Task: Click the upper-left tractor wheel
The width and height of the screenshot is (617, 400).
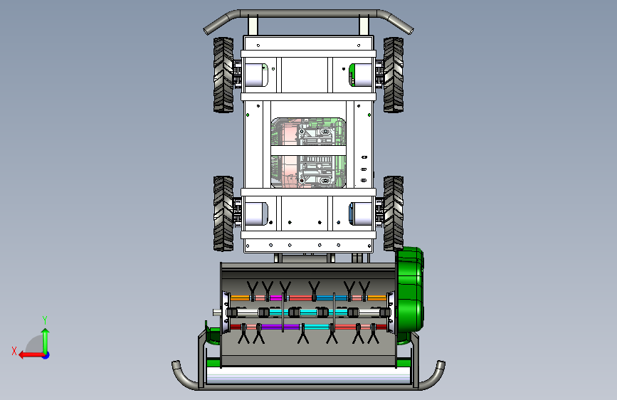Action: pos(223,75)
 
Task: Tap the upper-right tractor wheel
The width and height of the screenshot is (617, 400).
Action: pos(393,75)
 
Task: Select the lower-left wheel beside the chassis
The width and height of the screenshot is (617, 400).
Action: pos(223,214)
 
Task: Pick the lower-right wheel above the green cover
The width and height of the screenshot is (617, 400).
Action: pos(393,214)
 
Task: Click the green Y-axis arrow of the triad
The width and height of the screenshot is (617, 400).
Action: pos(46,341)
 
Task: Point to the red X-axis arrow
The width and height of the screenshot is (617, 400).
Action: pos(31,355)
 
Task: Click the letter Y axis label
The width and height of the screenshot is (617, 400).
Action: pos(45,320)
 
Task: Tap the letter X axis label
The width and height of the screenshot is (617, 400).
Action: pos(14,351)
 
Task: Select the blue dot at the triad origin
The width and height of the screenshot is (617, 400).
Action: pos(46,355)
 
